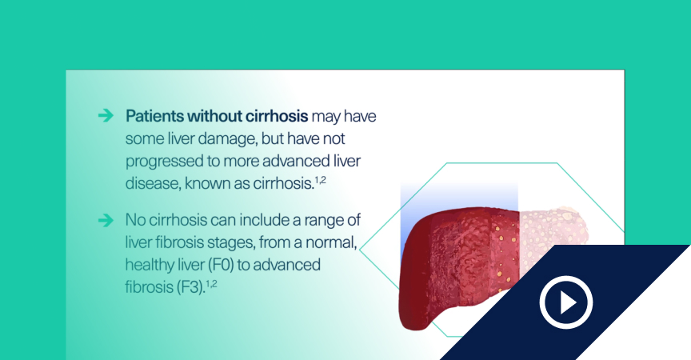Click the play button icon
[566, 302]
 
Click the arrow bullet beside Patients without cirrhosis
[106, 115]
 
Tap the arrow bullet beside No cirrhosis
[106, 220]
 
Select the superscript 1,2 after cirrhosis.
[321, 180]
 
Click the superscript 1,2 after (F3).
[211, 284]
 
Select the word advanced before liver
[296, 162]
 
